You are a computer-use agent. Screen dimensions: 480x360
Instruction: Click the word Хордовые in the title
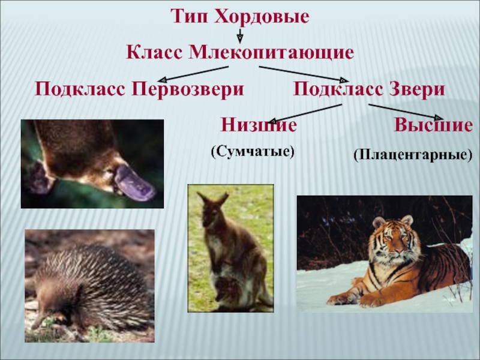262,16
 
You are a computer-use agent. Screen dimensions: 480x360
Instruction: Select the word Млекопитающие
272,53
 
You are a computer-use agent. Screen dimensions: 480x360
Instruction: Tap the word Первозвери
188,89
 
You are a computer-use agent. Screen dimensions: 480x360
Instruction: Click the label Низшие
259,125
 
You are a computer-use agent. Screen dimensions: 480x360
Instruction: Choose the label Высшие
433,125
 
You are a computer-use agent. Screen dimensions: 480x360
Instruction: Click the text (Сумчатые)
253,152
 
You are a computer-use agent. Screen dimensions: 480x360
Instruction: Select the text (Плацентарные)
413,155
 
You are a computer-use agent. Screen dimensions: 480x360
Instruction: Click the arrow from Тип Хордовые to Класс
240,36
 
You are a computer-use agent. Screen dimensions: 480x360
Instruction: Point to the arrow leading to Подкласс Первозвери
193,74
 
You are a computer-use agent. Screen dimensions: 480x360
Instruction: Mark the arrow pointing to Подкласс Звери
304,74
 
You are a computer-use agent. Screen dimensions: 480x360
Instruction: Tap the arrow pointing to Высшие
406,112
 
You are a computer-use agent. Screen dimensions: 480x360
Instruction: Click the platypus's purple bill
134,183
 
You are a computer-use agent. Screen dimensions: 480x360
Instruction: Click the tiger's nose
398,250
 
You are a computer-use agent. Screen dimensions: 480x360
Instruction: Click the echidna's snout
37,323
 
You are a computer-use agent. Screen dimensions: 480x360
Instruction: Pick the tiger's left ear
379,222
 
